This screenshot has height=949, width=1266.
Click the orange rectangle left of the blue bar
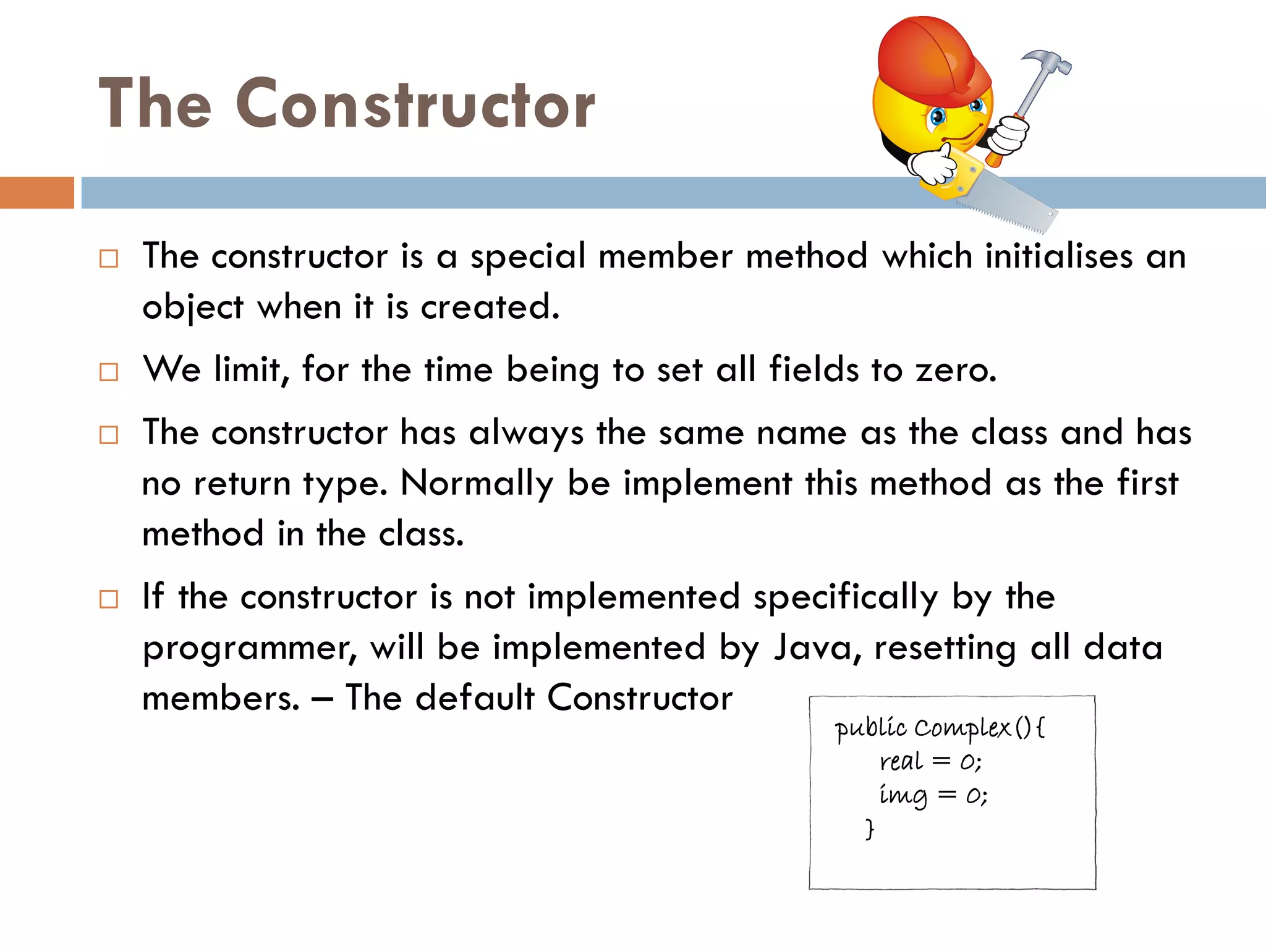click(36, 192)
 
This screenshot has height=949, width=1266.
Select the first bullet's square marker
click(109, 258)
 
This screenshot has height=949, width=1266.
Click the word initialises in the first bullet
click(1058, 256)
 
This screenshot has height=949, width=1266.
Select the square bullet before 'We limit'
click(109, 372)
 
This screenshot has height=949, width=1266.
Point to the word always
click(526, 432)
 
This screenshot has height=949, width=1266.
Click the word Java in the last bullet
click(812, 647)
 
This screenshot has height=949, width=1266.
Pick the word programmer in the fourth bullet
click(249, 648)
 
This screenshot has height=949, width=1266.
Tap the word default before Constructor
click(474, 698)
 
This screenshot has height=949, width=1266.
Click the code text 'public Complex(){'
click(939, 728)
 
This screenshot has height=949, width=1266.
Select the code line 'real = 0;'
click(930, 761)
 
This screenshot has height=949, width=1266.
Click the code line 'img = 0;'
click(933, 795)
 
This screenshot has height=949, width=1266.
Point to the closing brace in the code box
click(870, 829)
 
